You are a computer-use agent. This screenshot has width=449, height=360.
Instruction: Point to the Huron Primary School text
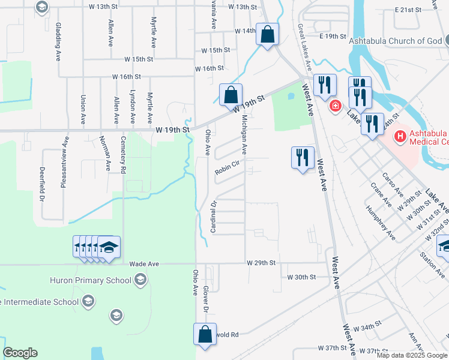[x=100, y=280]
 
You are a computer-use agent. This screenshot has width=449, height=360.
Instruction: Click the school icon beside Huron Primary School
[x=140, y=280]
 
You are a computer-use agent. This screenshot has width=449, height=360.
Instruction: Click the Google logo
[x=20, y=353]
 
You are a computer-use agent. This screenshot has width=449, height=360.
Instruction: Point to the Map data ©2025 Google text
[x=411, y=355]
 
